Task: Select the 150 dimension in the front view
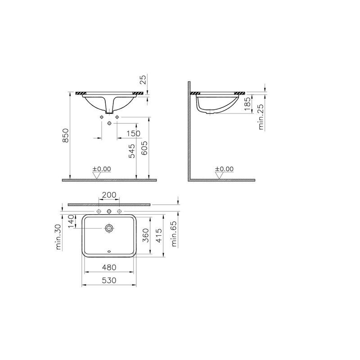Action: pyautogui.click(x=133, y=133)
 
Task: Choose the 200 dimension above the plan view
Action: pyautogui.click(x=109, y=195)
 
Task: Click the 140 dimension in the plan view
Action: pyautogui.click(x=70, y=221)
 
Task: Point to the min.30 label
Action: pyautogui.click(x=58, y=238)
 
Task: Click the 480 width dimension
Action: pyautogui.click(x=109, y=267)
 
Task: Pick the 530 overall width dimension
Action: pyautogui.click(x=109, y=280)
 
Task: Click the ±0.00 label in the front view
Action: pyautogui.click(x=102, y=169)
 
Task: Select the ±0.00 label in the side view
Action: pyautogui.click(x=224, y=169)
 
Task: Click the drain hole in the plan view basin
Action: pyautogui.click(x=109, y=229)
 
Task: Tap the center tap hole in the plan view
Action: pyautogui.click(x=109, y=211)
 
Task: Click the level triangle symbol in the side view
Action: pyautogui.click(x=219, y=175)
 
